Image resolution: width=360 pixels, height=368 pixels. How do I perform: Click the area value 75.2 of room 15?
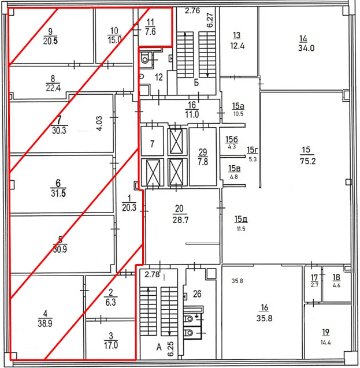pyautogui.click(x=307, y=161)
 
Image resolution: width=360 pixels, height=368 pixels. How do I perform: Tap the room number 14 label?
pyautogui.click(x=303, y=39)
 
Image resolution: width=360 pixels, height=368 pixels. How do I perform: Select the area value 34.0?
pyautogui.click(x=306, y=48)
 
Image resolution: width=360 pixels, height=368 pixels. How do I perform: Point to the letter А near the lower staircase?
pyautogui.click(x=159, y=347)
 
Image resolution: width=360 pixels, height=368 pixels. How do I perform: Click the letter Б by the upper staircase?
pyautogui.click(x=196, y=83)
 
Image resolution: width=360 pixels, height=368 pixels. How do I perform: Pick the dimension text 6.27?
pyautogui.click(x=210, y=20)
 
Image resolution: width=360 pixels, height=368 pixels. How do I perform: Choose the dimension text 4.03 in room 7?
pyautogui.click(x=99, y=123)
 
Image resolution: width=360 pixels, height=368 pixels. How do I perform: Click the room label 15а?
pyautogui.click(x=238, y=106)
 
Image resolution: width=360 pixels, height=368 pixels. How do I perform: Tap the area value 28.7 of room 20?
pyautogui.click(x=180, y=220)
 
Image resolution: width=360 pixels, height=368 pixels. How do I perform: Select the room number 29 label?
pyautogui.click(x=203, y=153)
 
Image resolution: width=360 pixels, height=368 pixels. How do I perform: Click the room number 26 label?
pyautogui.click(x=197, y=293)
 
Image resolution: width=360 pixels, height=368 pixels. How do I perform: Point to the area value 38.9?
pyautogui.click(x=45, y=324)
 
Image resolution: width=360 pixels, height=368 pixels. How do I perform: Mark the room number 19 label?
pyautogui.click(x=325, y=332)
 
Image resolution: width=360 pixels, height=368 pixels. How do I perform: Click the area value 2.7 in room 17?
pyautogui.click(x=314, y=285)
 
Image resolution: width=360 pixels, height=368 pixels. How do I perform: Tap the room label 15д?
pyautogui.click(x=241, y=219)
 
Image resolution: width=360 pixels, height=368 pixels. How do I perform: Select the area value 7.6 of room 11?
pyautogui.click(x=150, y=32)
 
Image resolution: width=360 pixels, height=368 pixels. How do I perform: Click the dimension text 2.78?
pyautogui.click(x=152, y=274)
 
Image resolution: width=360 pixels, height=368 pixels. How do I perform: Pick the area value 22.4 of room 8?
pyautogui.click(x=53, y=88)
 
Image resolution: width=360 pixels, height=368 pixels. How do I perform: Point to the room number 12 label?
pyautogui.click(x=159, y=77)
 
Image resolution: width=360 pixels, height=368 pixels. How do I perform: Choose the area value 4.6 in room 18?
pyautogui.click(x=336, y=285)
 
